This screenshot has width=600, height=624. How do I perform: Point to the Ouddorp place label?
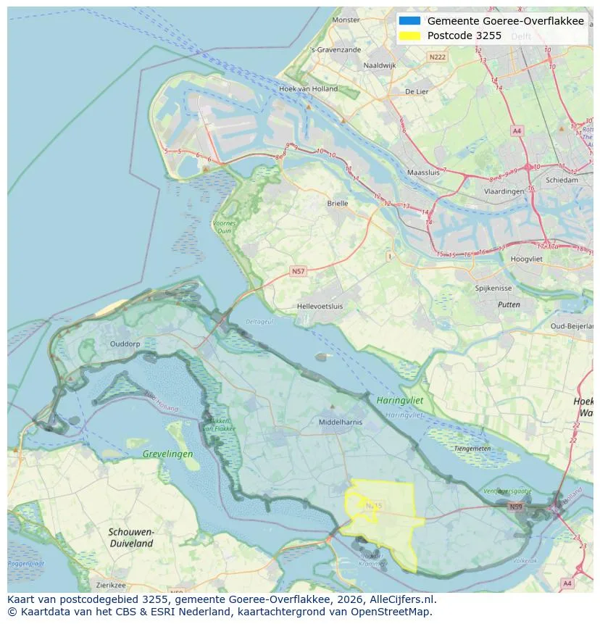click(125, 344)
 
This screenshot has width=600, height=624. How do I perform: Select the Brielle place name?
click(337, 204)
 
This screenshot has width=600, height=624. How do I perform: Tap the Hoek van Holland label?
click(308, 89)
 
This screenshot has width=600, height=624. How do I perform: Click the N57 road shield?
click(298, 271)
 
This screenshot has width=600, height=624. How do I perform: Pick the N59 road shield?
click(515, 507)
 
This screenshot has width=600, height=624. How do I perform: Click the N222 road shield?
click(437, 57)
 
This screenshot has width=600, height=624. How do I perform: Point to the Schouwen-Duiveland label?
click(131, 537)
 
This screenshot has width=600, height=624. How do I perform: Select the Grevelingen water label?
click(167, 454)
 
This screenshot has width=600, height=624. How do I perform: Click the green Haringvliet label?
click(399, 400)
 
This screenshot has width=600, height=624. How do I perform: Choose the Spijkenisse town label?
click(493, 288)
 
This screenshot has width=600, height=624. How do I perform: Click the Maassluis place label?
click(424, 173)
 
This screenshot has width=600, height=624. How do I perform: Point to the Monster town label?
click(345, 20)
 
